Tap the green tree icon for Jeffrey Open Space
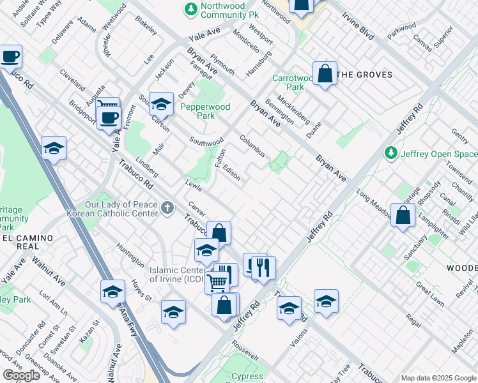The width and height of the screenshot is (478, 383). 390,154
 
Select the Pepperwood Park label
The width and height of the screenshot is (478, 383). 205,112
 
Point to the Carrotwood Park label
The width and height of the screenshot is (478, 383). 288,82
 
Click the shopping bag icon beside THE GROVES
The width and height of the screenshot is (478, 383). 325,74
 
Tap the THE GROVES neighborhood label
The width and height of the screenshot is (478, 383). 364,75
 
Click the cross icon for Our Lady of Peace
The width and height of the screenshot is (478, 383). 167,207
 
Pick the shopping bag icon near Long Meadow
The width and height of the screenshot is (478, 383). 403,216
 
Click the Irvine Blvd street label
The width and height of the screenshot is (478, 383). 357,26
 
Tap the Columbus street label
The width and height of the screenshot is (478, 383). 252,146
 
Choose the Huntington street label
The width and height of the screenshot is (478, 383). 131,254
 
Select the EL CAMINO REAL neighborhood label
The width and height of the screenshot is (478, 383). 26,242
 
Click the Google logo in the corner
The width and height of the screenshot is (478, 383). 22,375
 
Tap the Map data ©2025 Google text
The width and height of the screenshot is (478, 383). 438,378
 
